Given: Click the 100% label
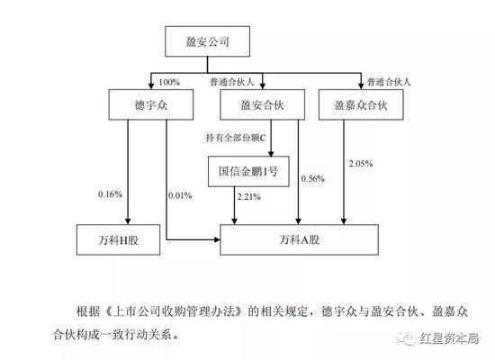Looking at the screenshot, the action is (169, 83).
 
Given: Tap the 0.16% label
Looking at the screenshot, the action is (110, 194).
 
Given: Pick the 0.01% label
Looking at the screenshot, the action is (180, 196).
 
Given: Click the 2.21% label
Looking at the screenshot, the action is (248, 197).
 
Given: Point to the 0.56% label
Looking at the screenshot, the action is (313, 179).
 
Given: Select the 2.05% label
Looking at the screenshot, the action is (361, 164).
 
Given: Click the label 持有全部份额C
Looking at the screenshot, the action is (236, 138).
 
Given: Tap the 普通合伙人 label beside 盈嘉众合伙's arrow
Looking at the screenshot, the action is (389, 82).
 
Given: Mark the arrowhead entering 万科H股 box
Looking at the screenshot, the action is (128, 221).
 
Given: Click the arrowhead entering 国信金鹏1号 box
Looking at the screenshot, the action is (271, 153).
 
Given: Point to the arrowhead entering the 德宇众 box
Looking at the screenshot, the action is (151, 85).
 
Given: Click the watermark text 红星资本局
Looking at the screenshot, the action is (449, 338).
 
